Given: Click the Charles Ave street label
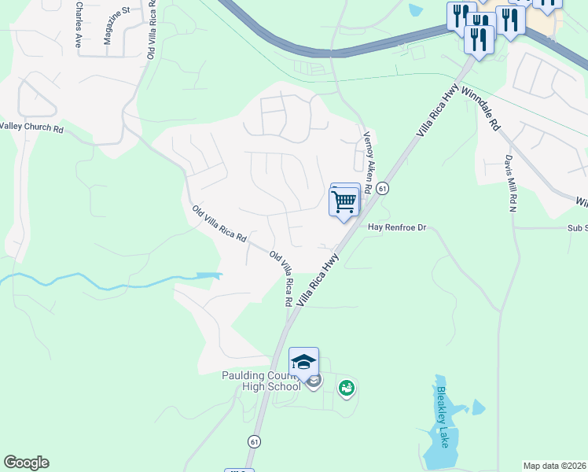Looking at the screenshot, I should point(78,24).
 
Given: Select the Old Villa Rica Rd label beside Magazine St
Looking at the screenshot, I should point(151,29).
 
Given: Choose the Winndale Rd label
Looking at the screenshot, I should point(481,109).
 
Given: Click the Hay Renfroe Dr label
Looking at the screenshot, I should point(397,228).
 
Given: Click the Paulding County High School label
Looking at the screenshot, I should point(261,381).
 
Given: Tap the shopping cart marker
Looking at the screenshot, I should point(344,201).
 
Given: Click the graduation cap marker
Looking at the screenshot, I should point(303,362).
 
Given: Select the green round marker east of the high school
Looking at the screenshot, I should point(346,387).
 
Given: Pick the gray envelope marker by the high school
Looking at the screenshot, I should point(314,382).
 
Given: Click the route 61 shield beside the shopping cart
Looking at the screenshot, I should point(381,189).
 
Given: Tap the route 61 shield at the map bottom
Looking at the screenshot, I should point(254,442).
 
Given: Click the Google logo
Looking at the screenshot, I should point(26,463).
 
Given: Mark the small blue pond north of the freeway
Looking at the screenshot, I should point(416,9).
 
